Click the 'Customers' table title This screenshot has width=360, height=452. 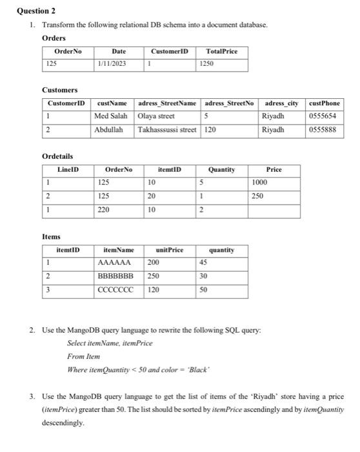point(59,90)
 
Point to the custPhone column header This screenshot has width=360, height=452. point(325,103)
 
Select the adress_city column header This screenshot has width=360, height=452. point(281,103)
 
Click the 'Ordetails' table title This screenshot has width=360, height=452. point(57,156)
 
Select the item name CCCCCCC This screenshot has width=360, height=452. point(115,289)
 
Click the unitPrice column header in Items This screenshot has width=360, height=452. point(169,249)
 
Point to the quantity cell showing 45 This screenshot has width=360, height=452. point(204,263)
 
